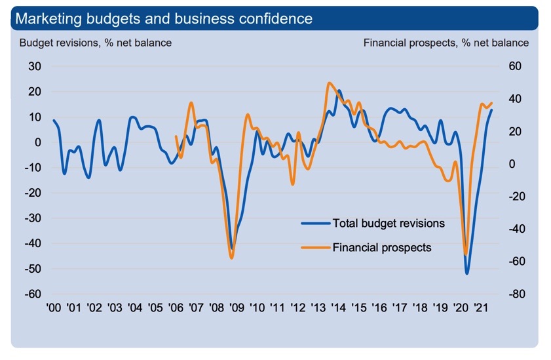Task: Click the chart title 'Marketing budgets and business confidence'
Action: (x=164, y=18)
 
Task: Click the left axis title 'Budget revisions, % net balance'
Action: (x=96, y=43)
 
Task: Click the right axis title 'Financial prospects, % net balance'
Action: (x=446, y=43)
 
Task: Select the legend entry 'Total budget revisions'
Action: (x=389, y=223)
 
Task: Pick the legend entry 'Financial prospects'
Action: (x=382, y=247)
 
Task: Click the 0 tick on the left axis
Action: (x=37, y=142)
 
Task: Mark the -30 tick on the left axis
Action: (x=32, y=218)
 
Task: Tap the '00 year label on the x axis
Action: (x=54, y=308)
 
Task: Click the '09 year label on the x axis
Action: (x=237, y=308)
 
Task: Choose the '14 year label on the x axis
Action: (x=338, y=308)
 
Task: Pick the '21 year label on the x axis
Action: (x=480, y=308)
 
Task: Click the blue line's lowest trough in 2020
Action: (x=467, y=273)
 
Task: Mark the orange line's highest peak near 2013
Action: (x=329, y=83)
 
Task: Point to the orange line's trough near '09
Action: (x=232, y=258)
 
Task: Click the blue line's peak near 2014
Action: (x=339, y=91)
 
